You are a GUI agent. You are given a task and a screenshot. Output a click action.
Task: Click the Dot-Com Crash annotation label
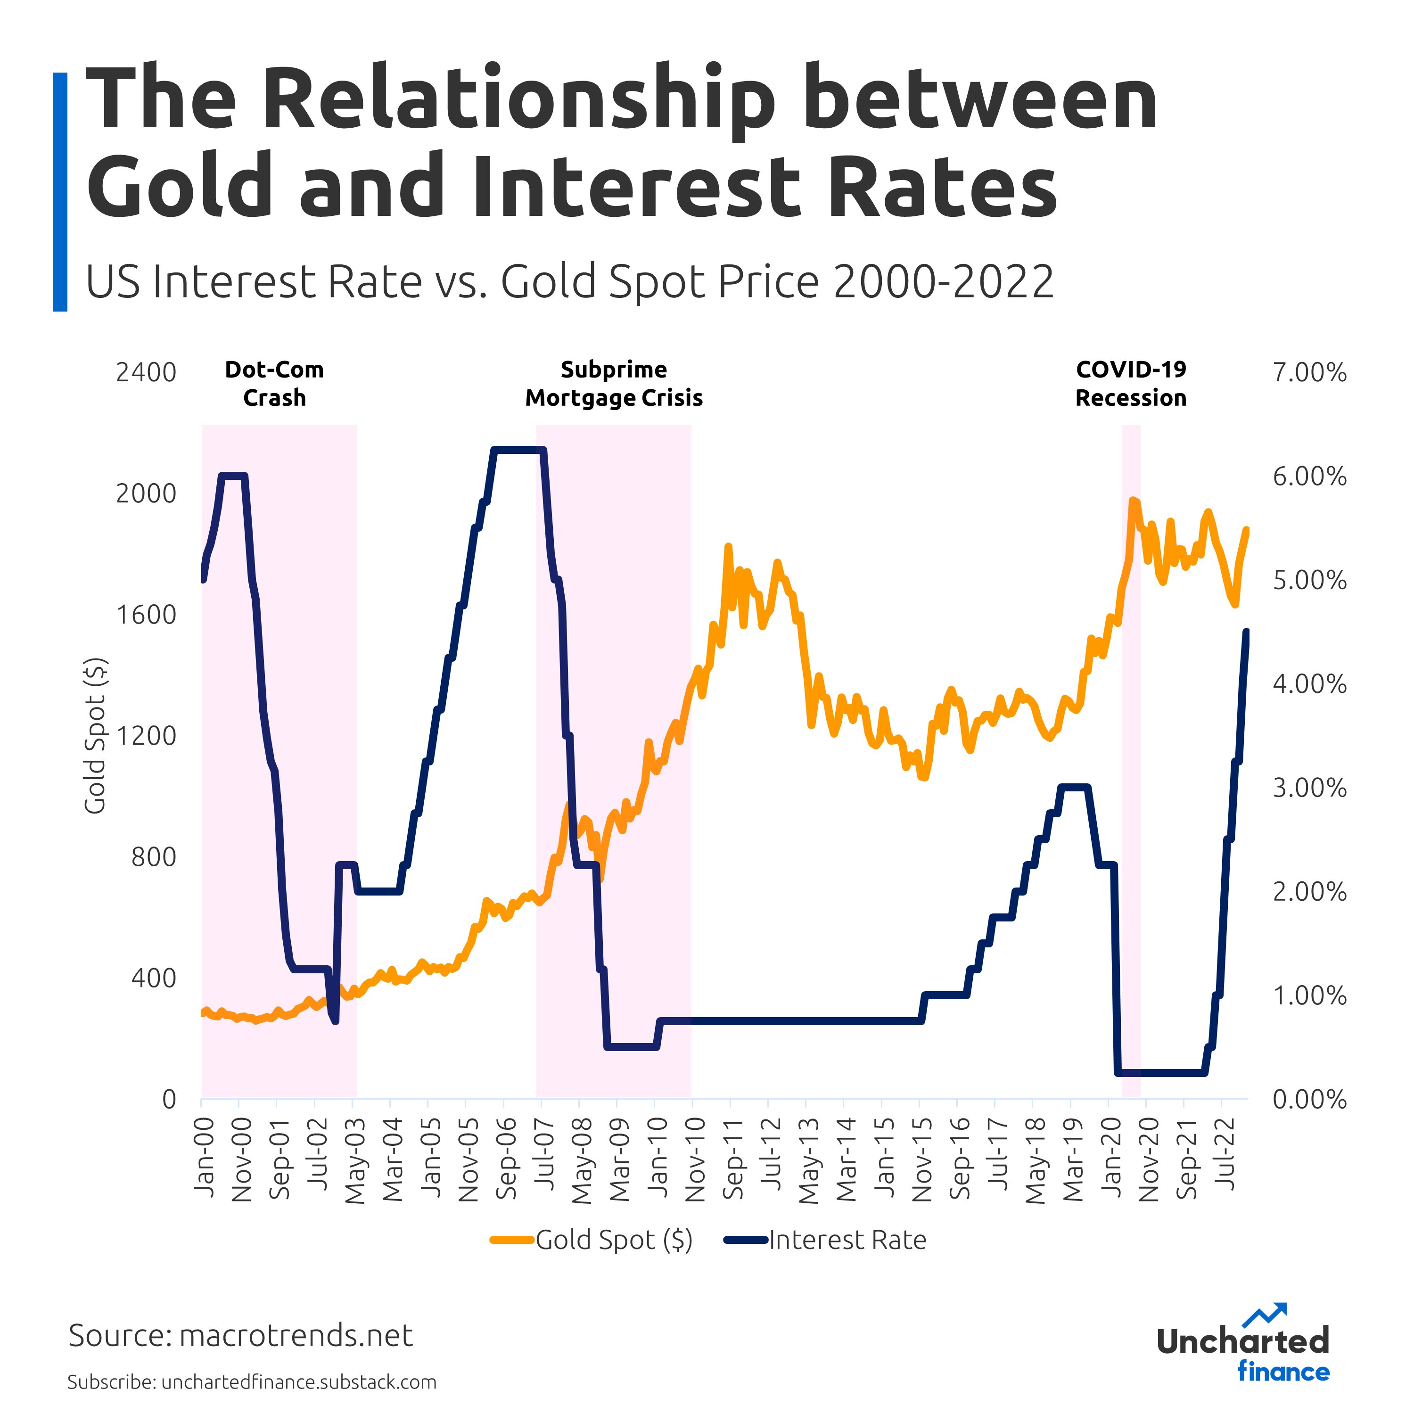coord(274,384)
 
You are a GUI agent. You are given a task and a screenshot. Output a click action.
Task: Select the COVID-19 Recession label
coord(1130,384)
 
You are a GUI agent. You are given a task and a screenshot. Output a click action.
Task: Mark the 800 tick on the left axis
coord(154,857)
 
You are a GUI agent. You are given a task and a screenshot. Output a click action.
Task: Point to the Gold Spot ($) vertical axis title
coord(95,736)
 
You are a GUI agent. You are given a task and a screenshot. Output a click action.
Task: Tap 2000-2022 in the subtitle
coord(944,282)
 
